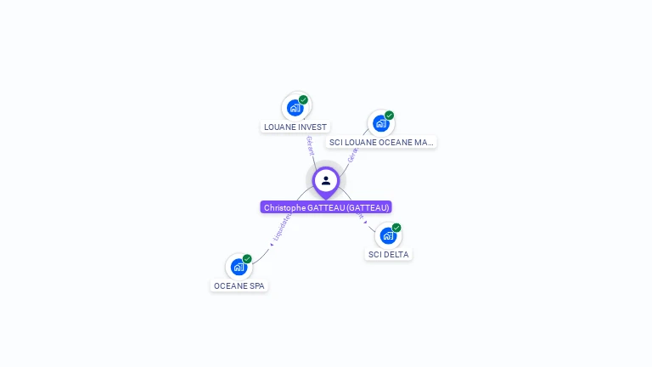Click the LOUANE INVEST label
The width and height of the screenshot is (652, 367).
click(x=295, y=127)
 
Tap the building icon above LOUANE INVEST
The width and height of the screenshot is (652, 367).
click(x=295, y=108)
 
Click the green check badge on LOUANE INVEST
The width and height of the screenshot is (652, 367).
click(x=303, y=99)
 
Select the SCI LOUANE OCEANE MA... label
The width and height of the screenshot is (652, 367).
click(x=381, y=143)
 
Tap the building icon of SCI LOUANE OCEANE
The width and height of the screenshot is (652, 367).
click(x=381, y=123)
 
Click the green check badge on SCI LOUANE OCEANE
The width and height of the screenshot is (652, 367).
click(x=389, y=116)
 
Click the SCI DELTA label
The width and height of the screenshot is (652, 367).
click(x=389, y=254)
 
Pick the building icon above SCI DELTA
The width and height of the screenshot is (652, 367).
click(x=388, y=235)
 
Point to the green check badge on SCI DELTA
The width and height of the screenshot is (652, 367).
click(x=396, y=228)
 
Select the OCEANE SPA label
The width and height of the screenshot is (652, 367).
click(x=239, y=286)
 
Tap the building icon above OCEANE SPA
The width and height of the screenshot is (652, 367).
click(x=239, y=267)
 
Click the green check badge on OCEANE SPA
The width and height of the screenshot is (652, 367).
click(x=247, y=259)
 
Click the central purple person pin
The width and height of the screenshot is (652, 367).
click(x=326, y=181)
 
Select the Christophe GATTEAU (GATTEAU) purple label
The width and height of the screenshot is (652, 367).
click(x=326, y=207)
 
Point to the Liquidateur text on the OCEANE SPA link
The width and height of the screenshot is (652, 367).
click(x=283, y=226)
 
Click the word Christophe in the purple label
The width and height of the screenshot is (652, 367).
click(x=284, y=207)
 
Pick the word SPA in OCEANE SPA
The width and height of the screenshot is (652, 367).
click(x=257, y=286)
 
